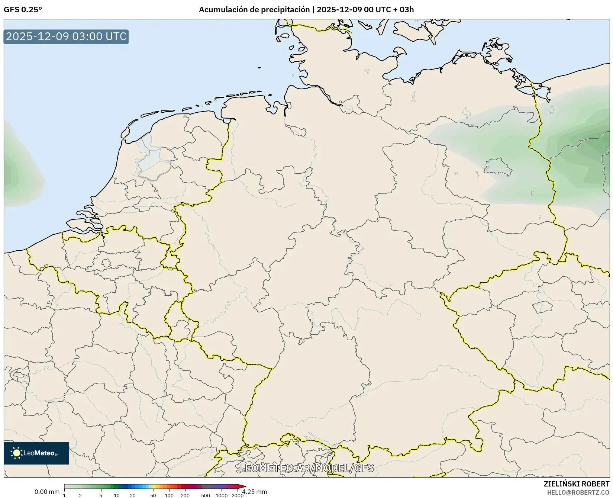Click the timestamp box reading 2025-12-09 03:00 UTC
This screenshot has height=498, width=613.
click(x=66, y=37)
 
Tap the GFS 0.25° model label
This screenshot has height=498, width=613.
click(x=23, y=10)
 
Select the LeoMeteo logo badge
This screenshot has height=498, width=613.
click(x=36, y=453)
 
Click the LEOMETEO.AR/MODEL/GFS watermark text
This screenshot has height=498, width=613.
click(x=306, y=468)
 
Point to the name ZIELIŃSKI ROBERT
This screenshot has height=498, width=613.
click(x=576, y=484)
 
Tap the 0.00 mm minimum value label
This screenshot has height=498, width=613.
click(x=47, y=492)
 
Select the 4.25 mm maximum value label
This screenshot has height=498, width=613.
click(x=255, y=492)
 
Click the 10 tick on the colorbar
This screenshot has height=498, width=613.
click(x=117, y=495)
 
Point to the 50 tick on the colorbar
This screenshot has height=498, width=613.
click(x=153, y=495)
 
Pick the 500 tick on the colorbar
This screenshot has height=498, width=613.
click(x=205, y=495)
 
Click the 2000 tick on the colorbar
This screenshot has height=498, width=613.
click(x=238, y=495)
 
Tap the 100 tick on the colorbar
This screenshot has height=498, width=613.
click(x=169, y=495)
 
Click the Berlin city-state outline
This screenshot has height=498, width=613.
click(x=498, y=166)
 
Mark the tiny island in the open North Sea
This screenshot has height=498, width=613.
click(x=259, y=68)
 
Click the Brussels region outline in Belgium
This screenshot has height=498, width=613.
click(x=106, y=263)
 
